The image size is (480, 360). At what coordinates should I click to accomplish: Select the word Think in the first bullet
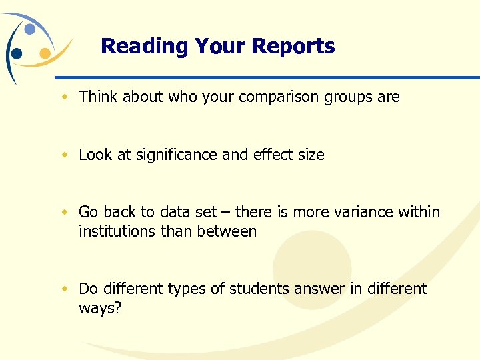click(x=97, y=97)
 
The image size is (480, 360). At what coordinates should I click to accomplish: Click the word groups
click(x=349, y=97)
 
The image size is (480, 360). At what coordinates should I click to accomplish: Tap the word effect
click(x=272, y=155)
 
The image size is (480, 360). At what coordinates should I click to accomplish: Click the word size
click(x=311, y=155)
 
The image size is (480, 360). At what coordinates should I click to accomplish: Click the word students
click(x=258, y=289)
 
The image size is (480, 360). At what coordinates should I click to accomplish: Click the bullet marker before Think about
click(x=65, y=97)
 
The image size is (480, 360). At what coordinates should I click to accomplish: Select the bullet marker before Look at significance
click(x=65, y=155)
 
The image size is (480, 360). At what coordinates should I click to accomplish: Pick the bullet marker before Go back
click(x=65, y=213)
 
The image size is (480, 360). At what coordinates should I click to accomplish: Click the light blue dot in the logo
click(x=30, y=29)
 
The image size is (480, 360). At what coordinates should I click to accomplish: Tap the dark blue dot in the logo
click(x=17, y=53)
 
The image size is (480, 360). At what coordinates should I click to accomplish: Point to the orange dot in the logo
click(x=45, y=53)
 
